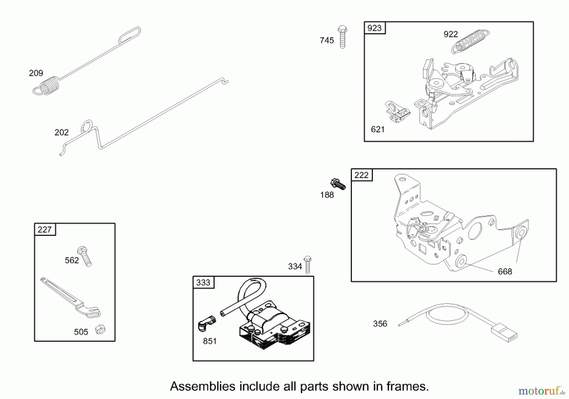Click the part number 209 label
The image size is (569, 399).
36,73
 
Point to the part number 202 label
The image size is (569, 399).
61,132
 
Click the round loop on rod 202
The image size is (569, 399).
87,126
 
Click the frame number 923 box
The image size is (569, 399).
375,28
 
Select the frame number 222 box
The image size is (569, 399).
362,175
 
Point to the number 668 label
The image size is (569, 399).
505,272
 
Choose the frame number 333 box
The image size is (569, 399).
203,282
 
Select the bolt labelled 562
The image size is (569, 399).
85,256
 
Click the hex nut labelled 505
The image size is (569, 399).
100,329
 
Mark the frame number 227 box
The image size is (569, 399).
45,230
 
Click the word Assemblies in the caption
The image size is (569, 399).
203,386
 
